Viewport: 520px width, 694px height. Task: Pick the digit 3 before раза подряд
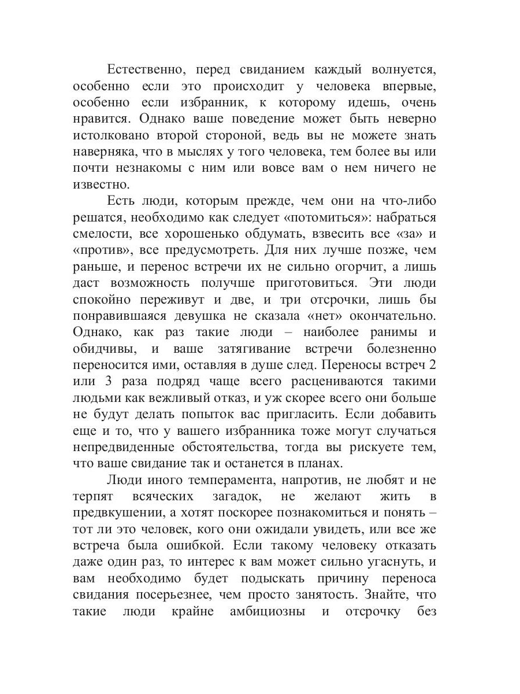[110, 382]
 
